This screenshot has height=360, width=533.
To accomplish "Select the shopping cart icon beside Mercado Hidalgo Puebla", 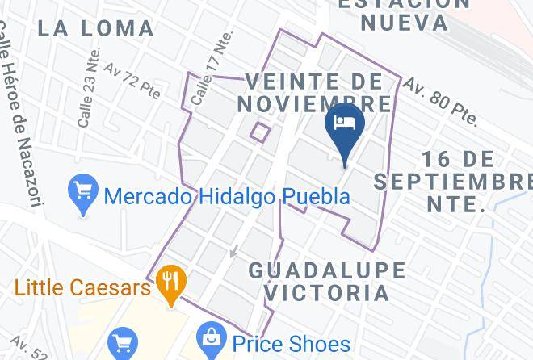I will pos(83,193).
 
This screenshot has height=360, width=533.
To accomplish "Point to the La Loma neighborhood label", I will pos(96,28).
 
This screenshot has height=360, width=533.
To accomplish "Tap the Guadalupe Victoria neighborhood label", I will pos(317,280).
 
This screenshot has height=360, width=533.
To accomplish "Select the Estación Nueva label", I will pos(404,14).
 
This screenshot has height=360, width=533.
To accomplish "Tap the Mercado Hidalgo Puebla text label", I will pos(228,196).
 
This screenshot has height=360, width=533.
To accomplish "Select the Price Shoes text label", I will pos(292,343).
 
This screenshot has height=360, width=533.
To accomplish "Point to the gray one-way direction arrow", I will pos(234,251).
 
